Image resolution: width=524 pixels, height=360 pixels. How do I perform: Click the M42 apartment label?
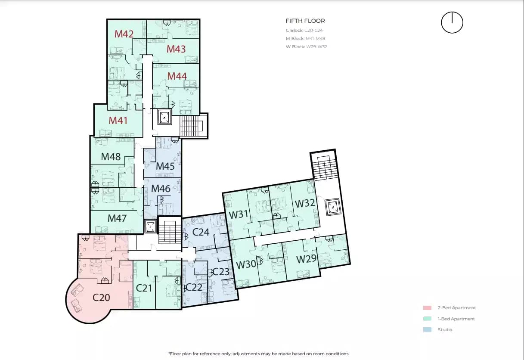pyautogui.click(x=124, y=34)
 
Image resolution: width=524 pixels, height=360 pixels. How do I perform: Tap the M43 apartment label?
pyautogui.click(x=176, y=49)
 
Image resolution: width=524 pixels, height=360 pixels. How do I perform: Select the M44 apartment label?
pyautogui.click(x=177, y=76)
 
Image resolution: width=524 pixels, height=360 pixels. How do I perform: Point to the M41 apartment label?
pyautogui.click(x=118, y=121)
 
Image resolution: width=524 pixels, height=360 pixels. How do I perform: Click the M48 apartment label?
pyautogui.click(x=111, y=157)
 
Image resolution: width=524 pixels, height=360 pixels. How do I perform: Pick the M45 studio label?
pyautogui.click(x=165, y=166)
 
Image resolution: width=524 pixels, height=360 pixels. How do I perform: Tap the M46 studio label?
pyautogui.click(x=161, y=188)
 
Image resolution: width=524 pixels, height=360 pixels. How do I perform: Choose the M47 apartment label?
pyautogui.click(x=117, y=218)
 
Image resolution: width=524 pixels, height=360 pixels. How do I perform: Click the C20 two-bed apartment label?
pyautogui.click(x=102, y=297)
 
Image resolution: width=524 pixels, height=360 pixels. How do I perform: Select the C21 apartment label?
pyautogui.click(x=144, y=288)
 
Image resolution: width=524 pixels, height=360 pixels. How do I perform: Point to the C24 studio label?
pyautogui.click(x=201, y=233)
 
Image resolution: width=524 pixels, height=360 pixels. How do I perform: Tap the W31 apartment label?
pyautogui.click(x=239, y=214)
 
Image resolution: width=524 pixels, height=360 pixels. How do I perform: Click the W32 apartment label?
pyautogui.click(x=305, y=203)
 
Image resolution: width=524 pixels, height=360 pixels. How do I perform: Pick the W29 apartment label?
pyautogui.click(x=306, y=259)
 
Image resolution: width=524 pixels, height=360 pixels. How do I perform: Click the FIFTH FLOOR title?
pyautogui.click(x=305, y=21)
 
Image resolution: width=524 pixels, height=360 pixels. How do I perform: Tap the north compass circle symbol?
pyautogui.click(x=452, y=22)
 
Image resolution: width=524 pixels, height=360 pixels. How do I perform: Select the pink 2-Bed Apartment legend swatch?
pyautogui.click(x=427, y=308)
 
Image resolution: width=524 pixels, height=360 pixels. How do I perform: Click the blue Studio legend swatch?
pyautogui.click(x=427, y=330)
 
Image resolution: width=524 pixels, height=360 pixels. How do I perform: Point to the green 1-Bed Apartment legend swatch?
pyautogui.click(x=427, y=319)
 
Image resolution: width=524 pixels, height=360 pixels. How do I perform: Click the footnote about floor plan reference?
pyautogui.click(x=259, y=354)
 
